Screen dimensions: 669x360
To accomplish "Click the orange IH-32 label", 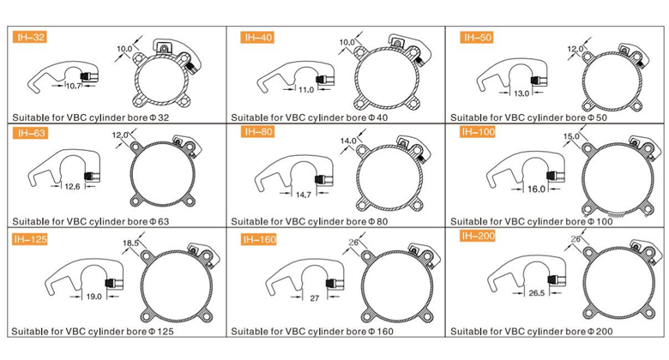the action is tap(29, 37).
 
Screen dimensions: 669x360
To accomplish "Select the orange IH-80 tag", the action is tap(257, 131).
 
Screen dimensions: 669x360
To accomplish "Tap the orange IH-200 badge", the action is tap(478, 236).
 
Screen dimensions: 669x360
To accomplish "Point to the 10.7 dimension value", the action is tap(74, 86).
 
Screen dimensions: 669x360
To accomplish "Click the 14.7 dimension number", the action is tap(304, 195).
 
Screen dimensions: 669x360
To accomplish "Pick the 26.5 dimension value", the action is tap(537, 293).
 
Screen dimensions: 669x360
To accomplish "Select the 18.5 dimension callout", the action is tap(130, 243).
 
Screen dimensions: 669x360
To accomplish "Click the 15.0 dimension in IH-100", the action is tap(571, 136).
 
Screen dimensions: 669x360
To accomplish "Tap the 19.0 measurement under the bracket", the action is tap(93, 297).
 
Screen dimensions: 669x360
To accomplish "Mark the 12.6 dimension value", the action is tap(73, 186).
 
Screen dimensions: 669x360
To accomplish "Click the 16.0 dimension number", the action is tap(536, 189).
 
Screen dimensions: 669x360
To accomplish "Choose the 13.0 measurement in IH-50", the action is tap(521, 93).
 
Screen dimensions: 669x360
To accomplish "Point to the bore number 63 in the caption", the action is tap(164, 222).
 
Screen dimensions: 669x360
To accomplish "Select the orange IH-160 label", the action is tap(259, 239).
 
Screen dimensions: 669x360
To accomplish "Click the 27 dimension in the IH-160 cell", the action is tap(315, 298).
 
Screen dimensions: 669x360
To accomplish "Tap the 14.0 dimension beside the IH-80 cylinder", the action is tap(348, 141).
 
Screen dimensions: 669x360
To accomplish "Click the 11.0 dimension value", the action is tap(306, 90).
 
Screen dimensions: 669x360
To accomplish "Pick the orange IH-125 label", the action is tap(30, 239).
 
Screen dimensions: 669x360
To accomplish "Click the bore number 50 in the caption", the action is tap(601, 117).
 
